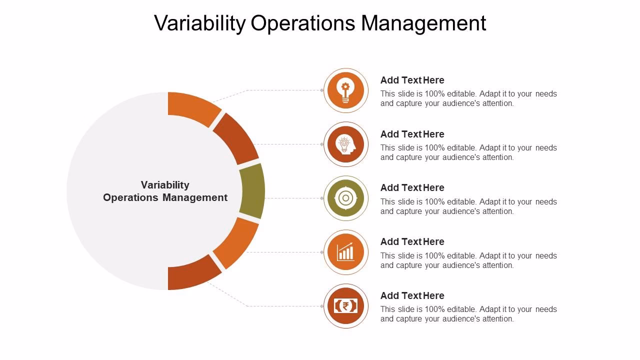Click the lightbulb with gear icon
point(345,90)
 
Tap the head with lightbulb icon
point(345,144)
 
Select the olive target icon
point(345,198)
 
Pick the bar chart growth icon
point(345,252)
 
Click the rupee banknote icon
point(345,306)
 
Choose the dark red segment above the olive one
point(235,139)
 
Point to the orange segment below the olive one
point(235,243)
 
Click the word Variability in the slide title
point(199,23)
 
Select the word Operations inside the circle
point(131,197)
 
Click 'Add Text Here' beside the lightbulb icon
point(412,80)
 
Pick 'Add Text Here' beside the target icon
point(412,187)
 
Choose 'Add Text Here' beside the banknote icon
point(412,295)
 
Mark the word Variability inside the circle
point(165,185)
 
